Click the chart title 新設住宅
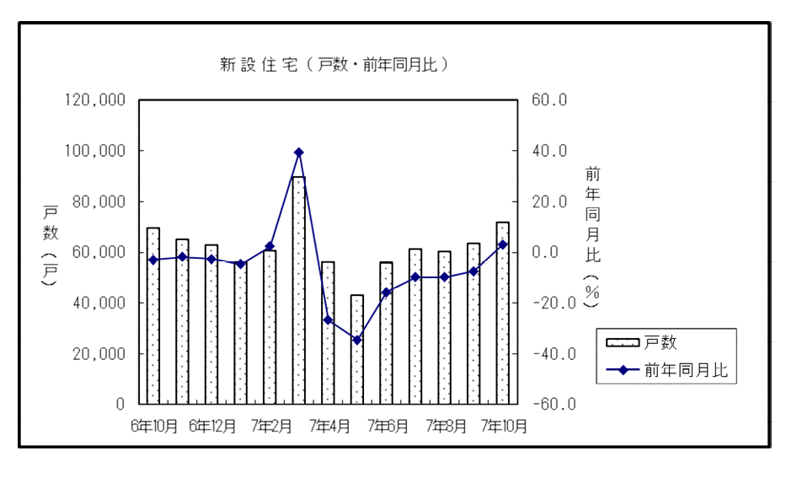pyautogui.click(x=333, y=65)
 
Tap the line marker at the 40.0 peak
pyautogui.click(x=298, y=153)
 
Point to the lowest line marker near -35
pyautogui.click(x=356, y=340)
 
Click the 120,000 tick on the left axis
pyautogui.click(x=95, y=100)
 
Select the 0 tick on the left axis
pyautogui.click(x=120, y=404)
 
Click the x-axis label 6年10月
pyautogui.click(x=154, y=427)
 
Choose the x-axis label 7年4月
pyautogui.click(x=329, y=427)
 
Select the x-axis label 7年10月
pyautogui.click(x=504, y=427)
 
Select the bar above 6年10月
pyautogui.click(x=153, y=316)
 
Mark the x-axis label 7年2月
pyautogui.click(x=270, y=427)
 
